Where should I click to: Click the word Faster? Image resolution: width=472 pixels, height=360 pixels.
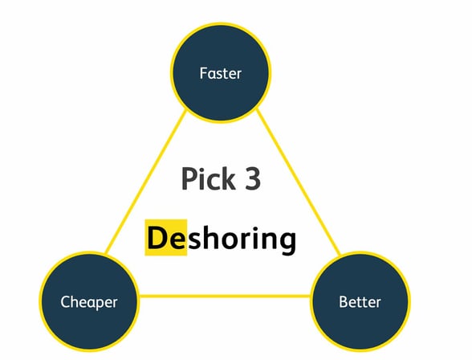click(x=220, y=73)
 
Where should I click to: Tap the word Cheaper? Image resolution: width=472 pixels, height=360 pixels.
click(x=89, y=302)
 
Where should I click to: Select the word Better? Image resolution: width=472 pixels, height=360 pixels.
click(x=360, y=302)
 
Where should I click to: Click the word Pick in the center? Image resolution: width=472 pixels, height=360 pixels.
click(x=209, y=179)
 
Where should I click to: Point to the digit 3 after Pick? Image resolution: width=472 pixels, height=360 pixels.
click(x=252, y=179)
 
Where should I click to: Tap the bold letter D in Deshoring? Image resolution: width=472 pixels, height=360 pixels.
click(x=156, y=238)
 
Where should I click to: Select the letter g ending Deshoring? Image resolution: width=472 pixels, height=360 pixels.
click(x=287, y=242)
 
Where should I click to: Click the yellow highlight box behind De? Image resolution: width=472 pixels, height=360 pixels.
click(x=166, y=238)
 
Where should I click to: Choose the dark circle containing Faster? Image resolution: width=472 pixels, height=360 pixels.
click(x=221, y=72)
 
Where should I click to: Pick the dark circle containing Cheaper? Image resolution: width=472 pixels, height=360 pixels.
click(x=89, y=301)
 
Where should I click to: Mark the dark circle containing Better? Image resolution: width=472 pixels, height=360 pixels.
click(x=360, y=301)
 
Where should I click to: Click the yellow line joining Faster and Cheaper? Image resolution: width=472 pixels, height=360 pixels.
click(x=146, y=182)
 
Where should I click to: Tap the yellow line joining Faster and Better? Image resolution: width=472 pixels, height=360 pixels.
click(x=298, y=182)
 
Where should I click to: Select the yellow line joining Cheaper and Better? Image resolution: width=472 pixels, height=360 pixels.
click(x=225, y=297)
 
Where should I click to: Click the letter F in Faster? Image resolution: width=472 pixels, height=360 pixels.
click(x=204, y=73)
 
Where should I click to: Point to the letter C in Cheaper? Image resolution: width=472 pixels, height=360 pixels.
click(x=65, y=302)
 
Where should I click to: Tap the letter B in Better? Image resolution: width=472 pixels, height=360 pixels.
click(x=344, y=302)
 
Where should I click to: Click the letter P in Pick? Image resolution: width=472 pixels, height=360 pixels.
click(x=189, y=178)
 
